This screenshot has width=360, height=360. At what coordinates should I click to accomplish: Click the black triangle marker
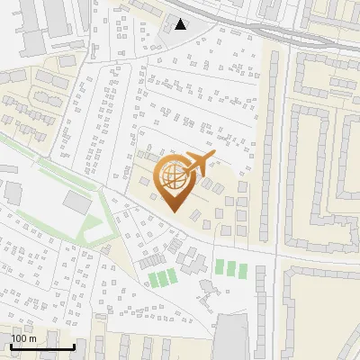pyautogui.click(x=181, y=24)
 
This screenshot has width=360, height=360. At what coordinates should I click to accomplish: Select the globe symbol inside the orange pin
pyautogui.click(x=173, y=175)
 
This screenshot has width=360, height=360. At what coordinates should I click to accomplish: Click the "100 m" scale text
pyautogui.click(x=23, y=338)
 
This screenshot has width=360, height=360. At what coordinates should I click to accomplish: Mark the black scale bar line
pyautogui.click(x=42, y=346)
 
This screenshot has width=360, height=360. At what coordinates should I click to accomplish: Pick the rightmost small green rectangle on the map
pyautogui.click(x=242, y=267)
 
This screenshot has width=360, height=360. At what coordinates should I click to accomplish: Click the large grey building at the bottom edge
pyautogui.click(x=230, y=338)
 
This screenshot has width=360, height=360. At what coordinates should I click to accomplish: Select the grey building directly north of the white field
pyautogui.click(x=77, y=202)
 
